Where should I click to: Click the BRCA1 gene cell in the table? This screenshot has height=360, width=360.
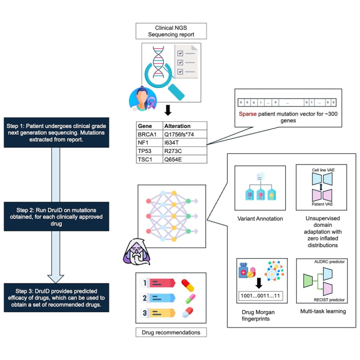click(x=150, y=134)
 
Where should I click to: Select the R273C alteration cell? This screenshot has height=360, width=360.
click(x=185, y=151)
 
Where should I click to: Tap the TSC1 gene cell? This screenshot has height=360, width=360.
click(x=150, y=159)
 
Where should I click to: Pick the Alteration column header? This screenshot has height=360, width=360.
click(x=185, y=126)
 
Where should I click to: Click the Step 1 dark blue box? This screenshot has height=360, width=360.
click(x=56, y=132)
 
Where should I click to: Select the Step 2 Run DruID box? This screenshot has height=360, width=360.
click(x=56, y=216)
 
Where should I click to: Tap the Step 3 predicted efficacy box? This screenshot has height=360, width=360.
click(x=56, y=298)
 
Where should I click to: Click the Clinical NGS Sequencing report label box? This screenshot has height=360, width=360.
click(x=171, y=31)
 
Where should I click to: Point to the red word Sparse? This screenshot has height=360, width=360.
click(x=247, y=114)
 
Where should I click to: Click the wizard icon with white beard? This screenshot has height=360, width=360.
click(x=137, y=252)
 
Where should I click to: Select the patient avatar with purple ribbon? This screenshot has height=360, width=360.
click(x=143, y=99)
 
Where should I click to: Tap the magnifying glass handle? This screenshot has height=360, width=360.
click(x=176, y=92)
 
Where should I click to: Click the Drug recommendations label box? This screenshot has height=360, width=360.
click(x=171, y=332)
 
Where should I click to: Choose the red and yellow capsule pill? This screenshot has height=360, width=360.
click(x=188, y=285)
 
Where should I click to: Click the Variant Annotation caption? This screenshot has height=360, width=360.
click(x=260, y=218)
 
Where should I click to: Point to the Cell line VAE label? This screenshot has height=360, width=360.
click(x=323, y=170)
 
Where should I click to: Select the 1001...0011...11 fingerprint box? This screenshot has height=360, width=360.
click(x=261, y=295)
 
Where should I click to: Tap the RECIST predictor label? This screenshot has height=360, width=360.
click(x=329, y=300)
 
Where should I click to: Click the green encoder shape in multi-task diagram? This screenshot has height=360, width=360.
click(x=308, y=280)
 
